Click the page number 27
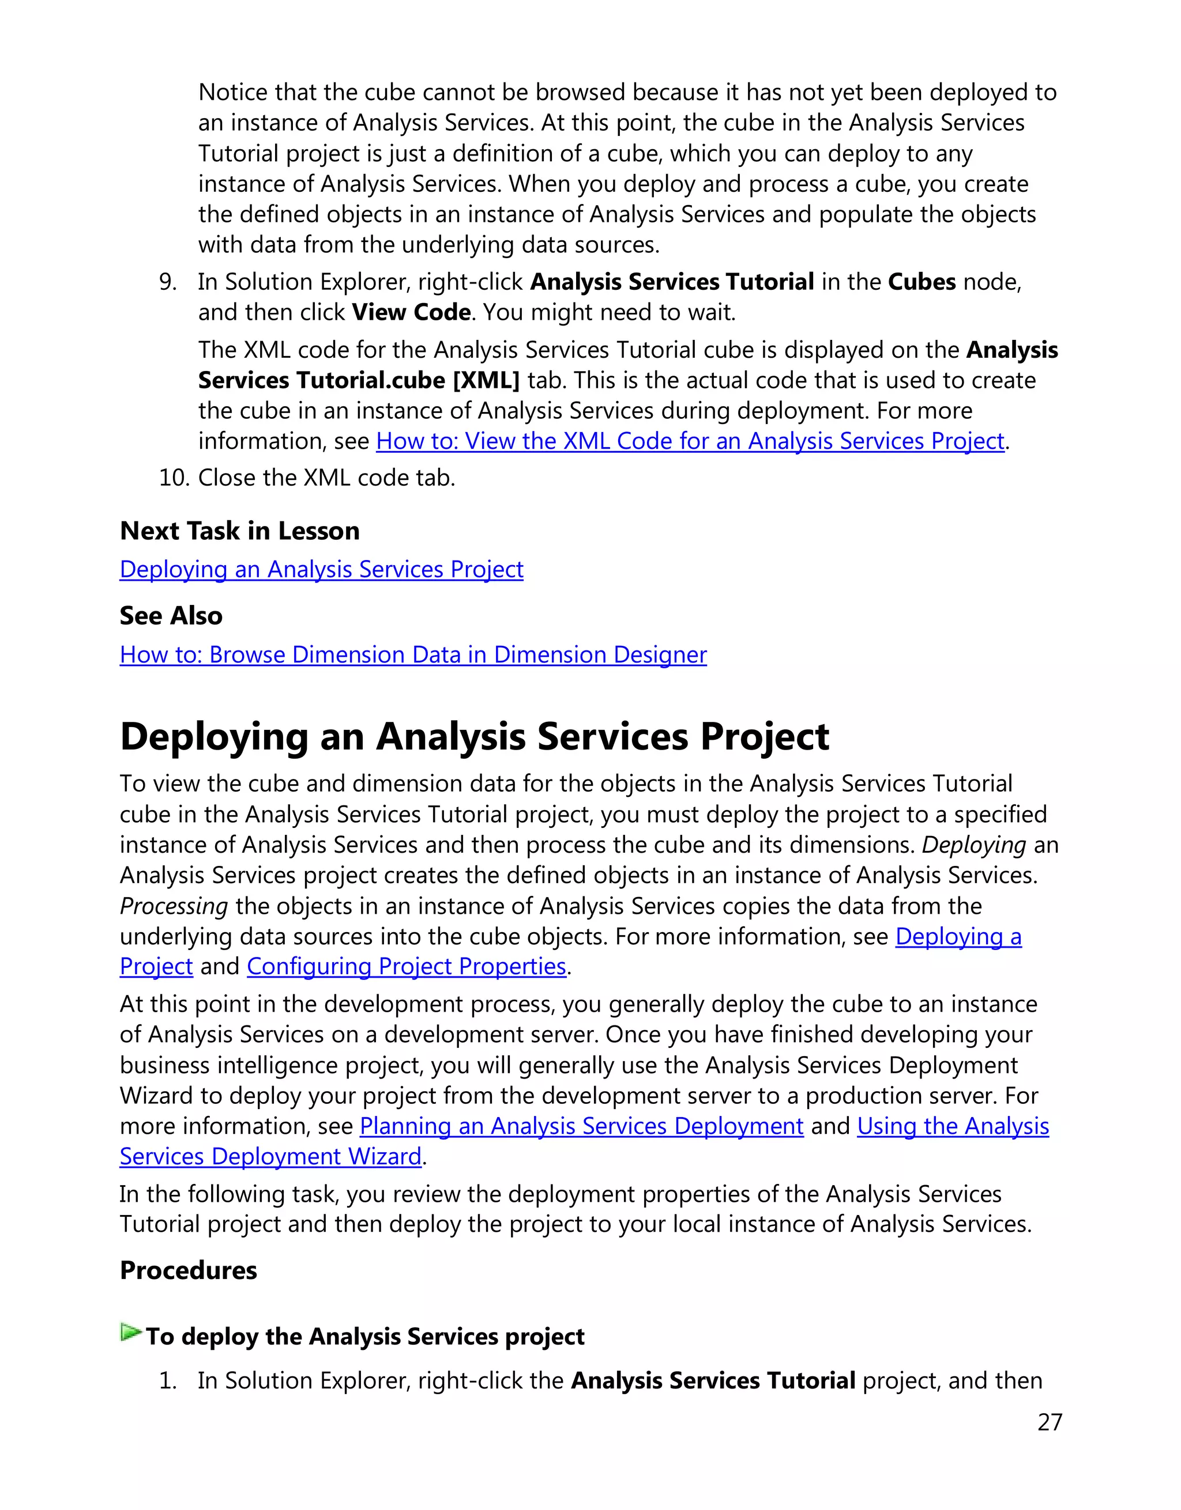[x=1049, y=1422]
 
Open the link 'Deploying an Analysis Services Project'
[x=321, y=569]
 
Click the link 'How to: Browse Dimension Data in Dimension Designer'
[x=413, y=654]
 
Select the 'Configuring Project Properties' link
[x=406, y=966]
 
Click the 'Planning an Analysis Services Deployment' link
[x=581, y=1126]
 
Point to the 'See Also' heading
[x=171, y=615]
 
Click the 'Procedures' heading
[x=188, y=1270]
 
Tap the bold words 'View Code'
[x=411, y=312]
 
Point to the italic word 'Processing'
[x=174, y=906]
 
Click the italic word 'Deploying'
[x=973, y=845]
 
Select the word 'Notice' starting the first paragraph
[x=232, y=92]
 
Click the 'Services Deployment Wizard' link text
[x=270, y=1156]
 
